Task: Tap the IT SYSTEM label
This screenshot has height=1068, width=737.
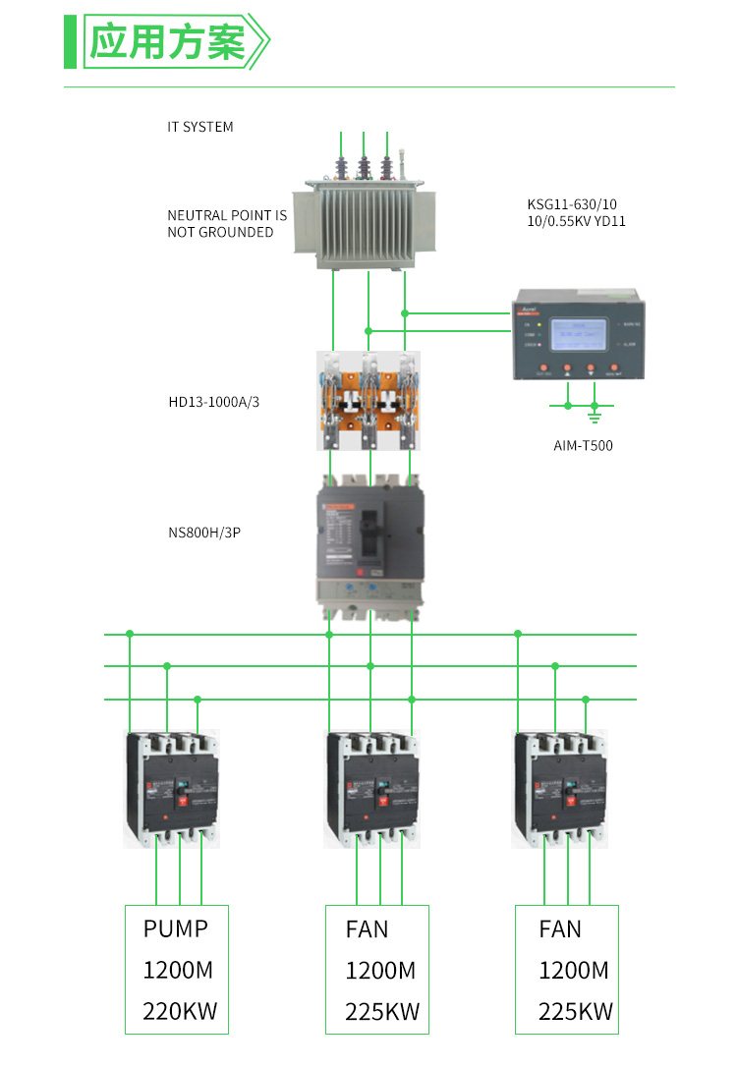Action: point(200,127)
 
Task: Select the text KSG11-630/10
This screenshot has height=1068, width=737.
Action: point(572,204)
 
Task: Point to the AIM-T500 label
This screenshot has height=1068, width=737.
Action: point(583,445)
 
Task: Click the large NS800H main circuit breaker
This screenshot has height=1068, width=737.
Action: point(369,545)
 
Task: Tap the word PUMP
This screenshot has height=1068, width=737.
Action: point(176,928)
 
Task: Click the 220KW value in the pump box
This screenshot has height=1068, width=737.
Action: point(180,1011)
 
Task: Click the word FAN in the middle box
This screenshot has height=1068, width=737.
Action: point(367,929)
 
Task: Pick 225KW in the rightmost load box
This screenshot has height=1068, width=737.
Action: point(575,1012)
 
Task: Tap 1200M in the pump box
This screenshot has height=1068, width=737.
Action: point(178,971)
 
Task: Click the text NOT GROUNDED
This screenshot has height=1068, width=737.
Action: point(220,233)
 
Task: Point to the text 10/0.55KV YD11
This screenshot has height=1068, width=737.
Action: point(576,222)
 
